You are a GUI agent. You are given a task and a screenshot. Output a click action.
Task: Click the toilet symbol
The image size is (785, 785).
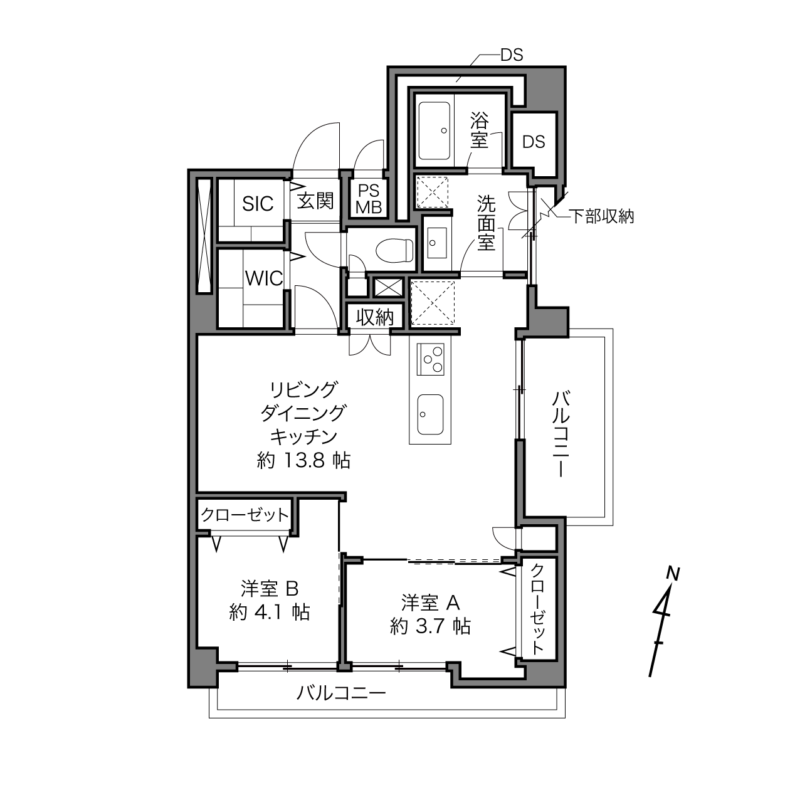tap(394, 250)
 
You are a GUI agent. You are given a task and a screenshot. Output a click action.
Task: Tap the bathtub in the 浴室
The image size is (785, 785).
tap(435, 131)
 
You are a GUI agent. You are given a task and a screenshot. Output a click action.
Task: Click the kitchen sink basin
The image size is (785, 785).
tap(430, 414)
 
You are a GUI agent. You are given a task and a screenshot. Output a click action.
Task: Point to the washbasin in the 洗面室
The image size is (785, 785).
tap(436, 243)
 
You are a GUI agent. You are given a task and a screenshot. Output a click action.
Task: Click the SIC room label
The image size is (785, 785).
tap(258, 203)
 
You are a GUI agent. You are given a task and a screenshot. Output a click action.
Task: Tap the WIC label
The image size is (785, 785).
tap(263, 278)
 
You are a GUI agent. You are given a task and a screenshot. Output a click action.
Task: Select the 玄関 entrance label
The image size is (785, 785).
tap(315, 201)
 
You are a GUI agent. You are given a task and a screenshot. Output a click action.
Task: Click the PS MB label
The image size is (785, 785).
tap(369, 199)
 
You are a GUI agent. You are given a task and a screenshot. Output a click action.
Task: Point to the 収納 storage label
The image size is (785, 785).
tap(374, 317)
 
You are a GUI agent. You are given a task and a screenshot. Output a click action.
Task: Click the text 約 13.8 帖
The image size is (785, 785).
tap(303, 461)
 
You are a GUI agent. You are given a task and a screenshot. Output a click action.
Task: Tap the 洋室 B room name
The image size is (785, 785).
tap(270, 588)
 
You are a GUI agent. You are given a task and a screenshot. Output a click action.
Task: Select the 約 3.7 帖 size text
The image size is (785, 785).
tap(430, 626)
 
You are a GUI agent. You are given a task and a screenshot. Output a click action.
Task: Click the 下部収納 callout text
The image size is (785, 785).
tap(601, 216)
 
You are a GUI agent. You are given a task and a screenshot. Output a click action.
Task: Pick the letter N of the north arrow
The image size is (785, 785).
tap(673, 574)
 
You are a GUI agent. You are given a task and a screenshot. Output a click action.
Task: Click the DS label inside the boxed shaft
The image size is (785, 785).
tap(534, 142)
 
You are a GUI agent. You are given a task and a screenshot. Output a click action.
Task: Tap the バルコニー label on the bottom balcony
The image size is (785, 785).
tap(340, 693)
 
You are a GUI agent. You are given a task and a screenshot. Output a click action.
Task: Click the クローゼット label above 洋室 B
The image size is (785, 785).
tap(245, 515)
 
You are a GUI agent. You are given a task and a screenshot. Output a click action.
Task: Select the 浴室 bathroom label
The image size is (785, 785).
tap(479, 130)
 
